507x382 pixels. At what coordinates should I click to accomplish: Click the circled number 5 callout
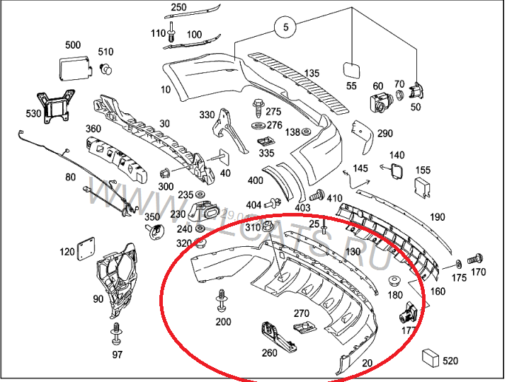tap(286, 28)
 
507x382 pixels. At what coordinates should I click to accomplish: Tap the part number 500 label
tap(73, 45)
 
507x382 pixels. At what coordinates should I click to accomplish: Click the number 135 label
tap(312, 74)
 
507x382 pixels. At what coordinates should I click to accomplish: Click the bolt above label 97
tap(116, 332)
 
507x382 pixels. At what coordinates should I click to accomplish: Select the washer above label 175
tap(458, 262)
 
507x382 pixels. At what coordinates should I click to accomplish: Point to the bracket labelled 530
tap(56, 106)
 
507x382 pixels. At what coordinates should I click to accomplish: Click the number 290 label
tap(384, 134)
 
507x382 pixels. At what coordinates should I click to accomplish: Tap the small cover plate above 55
tap(351, 69)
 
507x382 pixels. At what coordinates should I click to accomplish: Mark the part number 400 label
tap(256, 181)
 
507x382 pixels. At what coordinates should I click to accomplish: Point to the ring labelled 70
tap(399, 95)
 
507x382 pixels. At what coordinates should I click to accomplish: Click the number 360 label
tap(93, 129)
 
